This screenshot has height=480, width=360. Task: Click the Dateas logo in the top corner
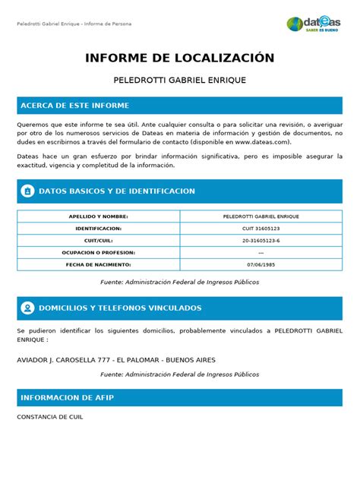pyautogui.click(x=314, y=24)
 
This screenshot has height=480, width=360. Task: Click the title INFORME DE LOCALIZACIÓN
pyautogui.click(x=180, y=58)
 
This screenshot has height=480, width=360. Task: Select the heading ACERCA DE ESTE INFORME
pyautogui.click(x=75, y=106)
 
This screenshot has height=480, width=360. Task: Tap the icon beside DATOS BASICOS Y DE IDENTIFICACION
pyautogui.click(x=27, y=191)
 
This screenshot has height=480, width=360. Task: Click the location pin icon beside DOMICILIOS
pyautogui.click(x=27, y=308)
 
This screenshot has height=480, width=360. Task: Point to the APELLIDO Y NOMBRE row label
pyautogui.click(x=99, y=216)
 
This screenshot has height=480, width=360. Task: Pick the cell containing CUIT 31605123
pyautogui.click(x=261, y=228)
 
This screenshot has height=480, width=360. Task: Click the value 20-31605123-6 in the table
pyautogui.click(x=261, y=240)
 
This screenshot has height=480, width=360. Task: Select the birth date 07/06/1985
pyautogui.click(x=261, y=264)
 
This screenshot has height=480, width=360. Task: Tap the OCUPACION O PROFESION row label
pyautogui.click(x=99, y=252)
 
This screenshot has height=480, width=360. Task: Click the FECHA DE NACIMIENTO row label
pyautogui.click(x=99, y=264)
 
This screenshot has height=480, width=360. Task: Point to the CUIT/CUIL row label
pyautogui.click(x=99, y=240)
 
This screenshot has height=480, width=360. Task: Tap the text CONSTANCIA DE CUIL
pyautogui.click(x=50, y=417)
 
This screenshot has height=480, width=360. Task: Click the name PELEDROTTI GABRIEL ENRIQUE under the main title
pyautogui.click(x=180, y=80)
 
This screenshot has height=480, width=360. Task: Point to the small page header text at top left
pyautogui.click(x=74, y=24)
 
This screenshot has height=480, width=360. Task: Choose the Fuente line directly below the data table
pyautogui.click(x=180, y=282)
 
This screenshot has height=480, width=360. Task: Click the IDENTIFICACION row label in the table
pyautogui.click(x=99, y=228)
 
